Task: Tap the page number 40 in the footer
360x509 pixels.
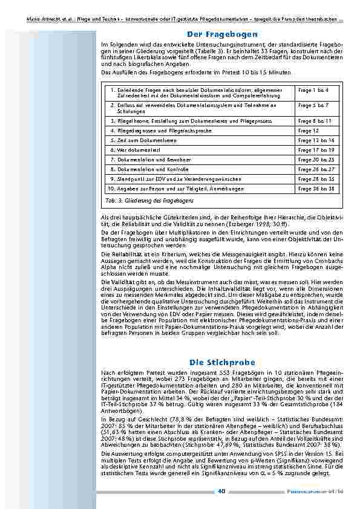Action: pyautogui.click(x=222, y=491)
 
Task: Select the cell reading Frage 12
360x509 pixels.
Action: pyautogui.click(x=309, y=131)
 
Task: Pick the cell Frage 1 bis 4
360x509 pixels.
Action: pyautogui.click(x=313, y=90)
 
